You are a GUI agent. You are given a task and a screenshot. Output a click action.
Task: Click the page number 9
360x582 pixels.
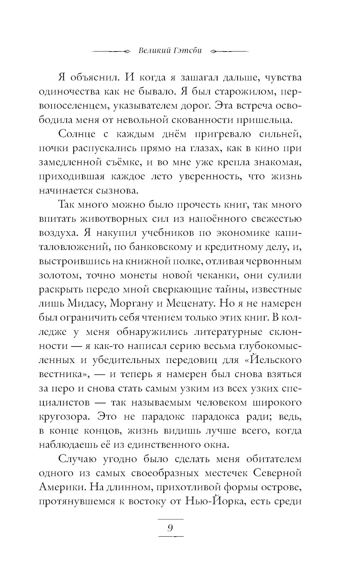[x=171, y=528]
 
